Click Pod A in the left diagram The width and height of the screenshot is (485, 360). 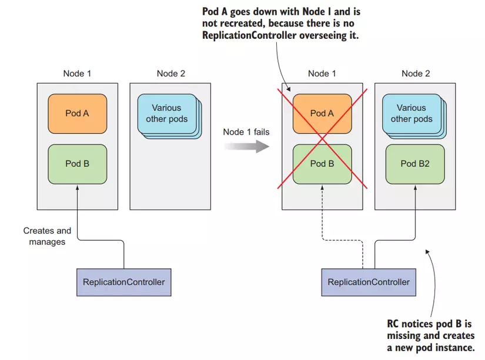[77, 113]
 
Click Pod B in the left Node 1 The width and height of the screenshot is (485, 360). [77, 163]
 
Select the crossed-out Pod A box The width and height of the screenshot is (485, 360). [322, 113]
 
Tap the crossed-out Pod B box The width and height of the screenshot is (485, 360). [322, 164]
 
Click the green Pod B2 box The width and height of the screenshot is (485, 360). [415, 163]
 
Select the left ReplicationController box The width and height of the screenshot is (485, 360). [123, 282]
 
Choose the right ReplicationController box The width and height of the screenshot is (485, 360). [369, 282]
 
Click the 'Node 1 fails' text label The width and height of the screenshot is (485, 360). [246, 132]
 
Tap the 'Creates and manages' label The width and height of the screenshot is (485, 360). [47, 236]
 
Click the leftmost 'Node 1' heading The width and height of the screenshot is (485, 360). [77, 73]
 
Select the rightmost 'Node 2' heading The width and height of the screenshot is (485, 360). [416, 73]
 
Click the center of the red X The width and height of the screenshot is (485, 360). [322, 139]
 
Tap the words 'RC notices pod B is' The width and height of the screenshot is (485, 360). [429, 324]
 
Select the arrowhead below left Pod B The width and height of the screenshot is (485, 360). [77, 188]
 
